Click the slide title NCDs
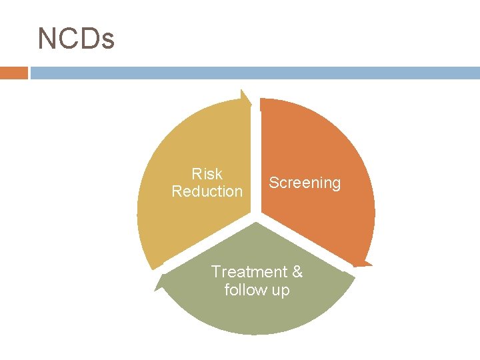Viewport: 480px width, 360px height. (76, 39)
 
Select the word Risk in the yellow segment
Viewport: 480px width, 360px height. (207, 174)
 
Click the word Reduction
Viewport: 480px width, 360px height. (207, 191)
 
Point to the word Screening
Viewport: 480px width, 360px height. (305, 183)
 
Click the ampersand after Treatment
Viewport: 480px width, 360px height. (297, 272)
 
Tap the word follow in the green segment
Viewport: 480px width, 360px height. (244, 290)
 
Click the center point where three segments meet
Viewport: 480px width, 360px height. (255, 216)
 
